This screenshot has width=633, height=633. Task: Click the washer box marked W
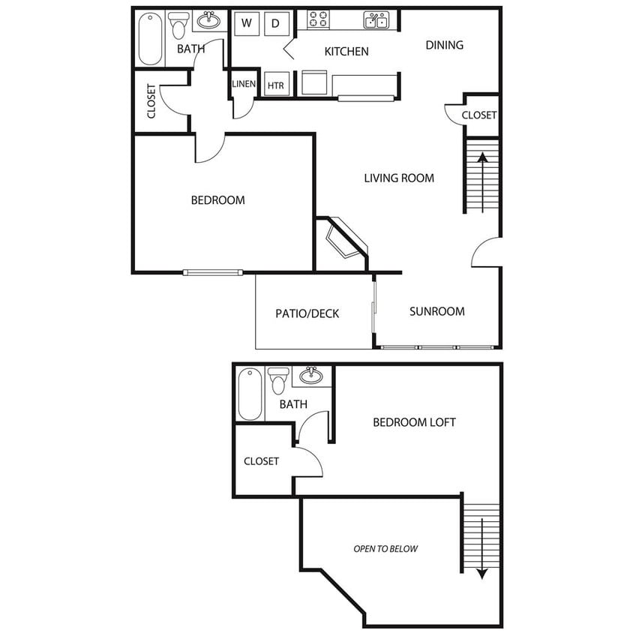tap(247, 23)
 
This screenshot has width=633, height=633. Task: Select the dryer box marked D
tap(277, 23)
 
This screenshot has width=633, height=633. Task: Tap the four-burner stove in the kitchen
tap(318, 19)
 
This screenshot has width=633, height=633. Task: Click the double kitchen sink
tap(376, 19)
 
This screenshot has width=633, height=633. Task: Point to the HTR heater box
tap(277, 84)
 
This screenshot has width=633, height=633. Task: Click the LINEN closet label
tap(244, 84)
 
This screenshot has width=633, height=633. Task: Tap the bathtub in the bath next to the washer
tap(150, 39)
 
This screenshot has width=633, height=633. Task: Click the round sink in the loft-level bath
tap(310, 376)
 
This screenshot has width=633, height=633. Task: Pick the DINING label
tap(445, 45)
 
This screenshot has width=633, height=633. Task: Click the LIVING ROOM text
tap(399, 178)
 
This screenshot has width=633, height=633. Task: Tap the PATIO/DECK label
tap(307, 313)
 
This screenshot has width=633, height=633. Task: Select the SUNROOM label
tap(436, 311)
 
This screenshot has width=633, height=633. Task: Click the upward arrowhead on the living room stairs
tap(483, 157)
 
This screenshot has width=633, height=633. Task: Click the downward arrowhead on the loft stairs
tap(482, 574)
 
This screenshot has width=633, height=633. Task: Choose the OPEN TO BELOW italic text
tap(385, 549)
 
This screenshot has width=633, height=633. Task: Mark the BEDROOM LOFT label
tap(414, 422)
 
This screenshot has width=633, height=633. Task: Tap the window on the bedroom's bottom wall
tap(213, 272)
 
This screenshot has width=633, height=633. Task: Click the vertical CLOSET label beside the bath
tap(151, 101)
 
